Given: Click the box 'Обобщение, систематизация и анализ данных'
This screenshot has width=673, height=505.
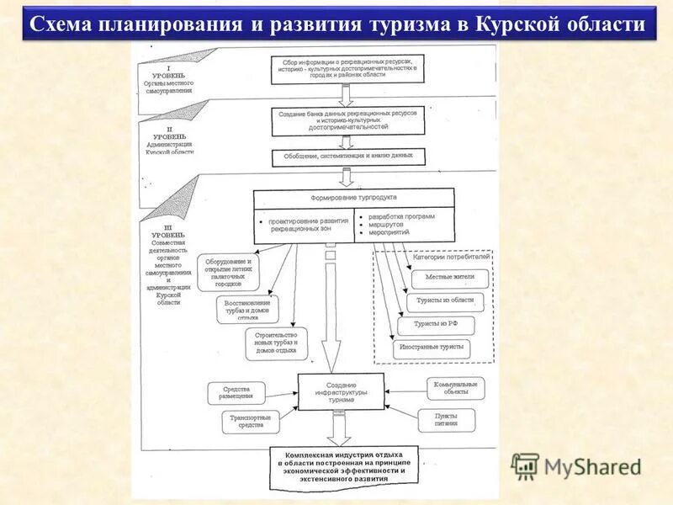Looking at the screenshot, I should click(348, 157).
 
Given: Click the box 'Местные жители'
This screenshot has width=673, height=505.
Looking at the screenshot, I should click(448, 277).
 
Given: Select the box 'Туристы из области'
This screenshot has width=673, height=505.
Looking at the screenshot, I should click(445, 300).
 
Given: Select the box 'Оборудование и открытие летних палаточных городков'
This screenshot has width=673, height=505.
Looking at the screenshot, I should click(229, 272).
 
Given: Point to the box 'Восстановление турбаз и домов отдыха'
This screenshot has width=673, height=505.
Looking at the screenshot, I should click(249, 309).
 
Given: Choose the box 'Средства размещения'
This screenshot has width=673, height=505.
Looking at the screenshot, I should click(236, 392).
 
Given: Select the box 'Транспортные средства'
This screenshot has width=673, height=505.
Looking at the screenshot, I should click(250, 421).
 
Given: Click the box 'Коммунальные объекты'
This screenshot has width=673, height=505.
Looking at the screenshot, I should click(455, 389).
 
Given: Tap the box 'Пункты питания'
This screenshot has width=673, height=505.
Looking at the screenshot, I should click(446, 419).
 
